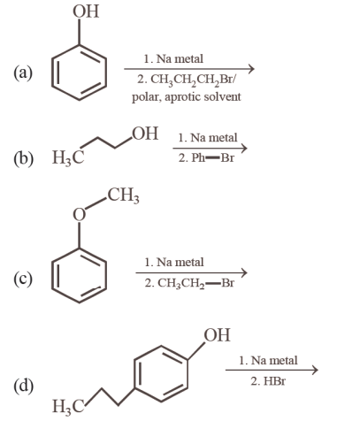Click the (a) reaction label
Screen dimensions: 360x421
[23, 73]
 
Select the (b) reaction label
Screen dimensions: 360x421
[23, 158]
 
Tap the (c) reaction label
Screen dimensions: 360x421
[23, 279]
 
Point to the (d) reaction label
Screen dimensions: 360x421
[23, 386]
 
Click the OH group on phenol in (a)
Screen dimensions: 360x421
[86, 11]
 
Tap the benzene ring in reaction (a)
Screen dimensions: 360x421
[52, 73]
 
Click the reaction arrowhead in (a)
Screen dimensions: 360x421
[250, 69]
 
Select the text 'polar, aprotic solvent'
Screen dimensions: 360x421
[186, 97]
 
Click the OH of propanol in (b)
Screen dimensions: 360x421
[145, 134]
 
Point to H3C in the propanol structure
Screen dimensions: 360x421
[68, 157]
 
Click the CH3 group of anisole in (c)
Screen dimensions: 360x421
[123, 195]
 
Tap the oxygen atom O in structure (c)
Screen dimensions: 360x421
[79, 215]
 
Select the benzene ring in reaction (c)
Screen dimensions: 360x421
[52, 276]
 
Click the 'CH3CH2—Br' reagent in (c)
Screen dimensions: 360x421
[195, 283]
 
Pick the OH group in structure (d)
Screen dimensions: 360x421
[217, 335]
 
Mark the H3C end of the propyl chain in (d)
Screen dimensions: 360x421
[68, 406]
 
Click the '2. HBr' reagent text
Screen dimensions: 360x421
[268, 381]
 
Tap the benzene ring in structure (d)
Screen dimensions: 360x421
[134, 373]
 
